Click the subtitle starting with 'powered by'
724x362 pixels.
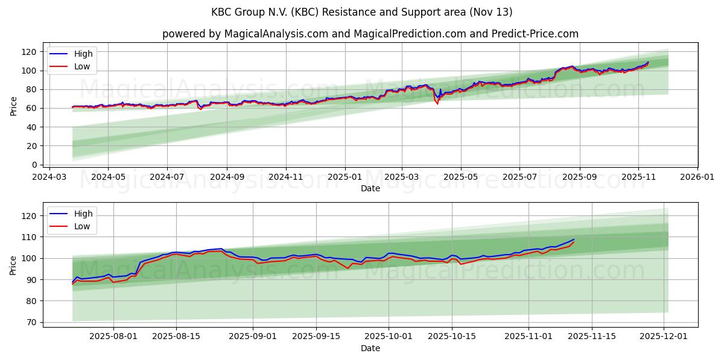370,34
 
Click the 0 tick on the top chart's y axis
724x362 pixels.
34,165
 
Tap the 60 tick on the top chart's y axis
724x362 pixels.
32,108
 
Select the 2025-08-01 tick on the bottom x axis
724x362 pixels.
113,337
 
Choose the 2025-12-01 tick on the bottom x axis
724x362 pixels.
664,337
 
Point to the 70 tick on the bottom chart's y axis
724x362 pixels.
32,322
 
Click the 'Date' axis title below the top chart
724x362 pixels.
370,188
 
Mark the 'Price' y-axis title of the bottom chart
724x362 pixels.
13,264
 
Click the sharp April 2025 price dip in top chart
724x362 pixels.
437,103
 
